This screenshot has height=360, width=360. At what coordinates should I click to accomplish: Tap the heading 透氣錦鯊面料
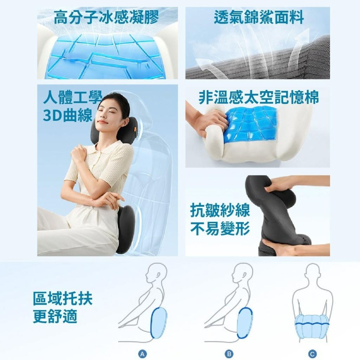click(x=259, y=17)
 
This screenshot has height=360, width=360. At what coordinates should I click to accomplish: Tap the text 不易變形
click(x=220, y=228)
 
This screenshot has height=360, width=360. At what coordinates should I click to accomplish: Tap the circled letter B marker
click(x=228, y=354)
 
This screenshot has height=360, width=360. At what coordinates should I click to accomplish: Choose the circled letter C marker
click(x=312, y=354)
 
